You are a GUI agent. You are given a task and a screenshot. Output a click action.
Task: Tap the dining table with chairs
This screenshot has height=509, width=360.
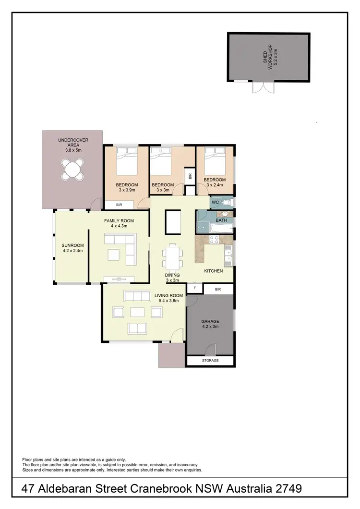point(172,256)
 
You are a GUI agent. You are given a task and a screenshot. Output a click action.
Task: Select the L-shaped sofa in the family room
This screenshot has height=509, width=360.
point(126,249)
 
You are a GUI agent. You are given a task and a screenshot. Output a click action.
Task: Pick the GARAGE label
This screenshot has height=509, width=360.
point(210,321)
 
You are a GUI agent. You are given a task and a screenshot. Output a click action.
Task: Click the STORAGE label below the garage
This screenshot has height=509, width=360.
point(210,361)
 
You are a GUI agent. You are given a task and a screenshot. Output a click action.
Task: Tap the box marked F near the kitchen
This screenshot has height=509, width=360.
point(194,289)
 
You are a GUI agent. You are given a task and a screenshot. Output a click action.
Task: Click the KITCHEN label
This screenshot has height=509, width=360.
point(214,271)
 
